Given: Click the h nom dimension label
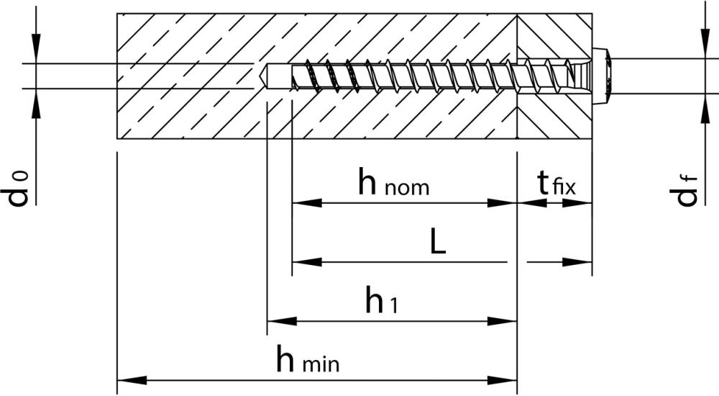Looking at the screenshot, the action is [393, 182].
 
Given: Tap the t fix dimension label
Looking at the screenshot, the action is [557, 182].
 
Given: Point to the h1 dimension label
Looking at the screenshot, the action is [381, 300].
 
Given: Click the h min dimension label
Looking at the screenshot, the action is [308, 359].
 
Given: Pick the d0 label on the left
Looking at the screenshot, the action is [18, 189].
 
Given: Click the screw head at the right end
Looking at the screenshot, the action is [600, 76].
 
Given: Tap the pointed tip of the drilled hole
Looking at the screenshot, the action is [260, 76].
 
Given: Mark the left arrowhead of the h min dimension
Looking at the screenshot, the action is [132, 380].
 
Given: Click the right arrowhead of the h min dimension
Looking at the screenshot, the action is [503, 380].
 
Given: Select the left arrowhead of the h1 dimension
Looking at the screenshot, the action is [282, 321].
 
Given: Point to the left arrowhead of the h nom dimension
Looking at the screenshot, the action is [307, 202].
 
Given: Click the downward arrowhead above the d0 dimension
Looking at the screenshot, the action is [36, 48].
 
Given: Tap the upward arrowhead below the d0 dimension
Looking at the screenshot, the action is [36, 104].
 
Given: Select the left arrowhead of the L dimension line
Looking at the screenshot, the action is [307, 262].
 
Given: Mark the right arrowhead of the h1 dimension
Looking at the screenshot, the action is [503, 321].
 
